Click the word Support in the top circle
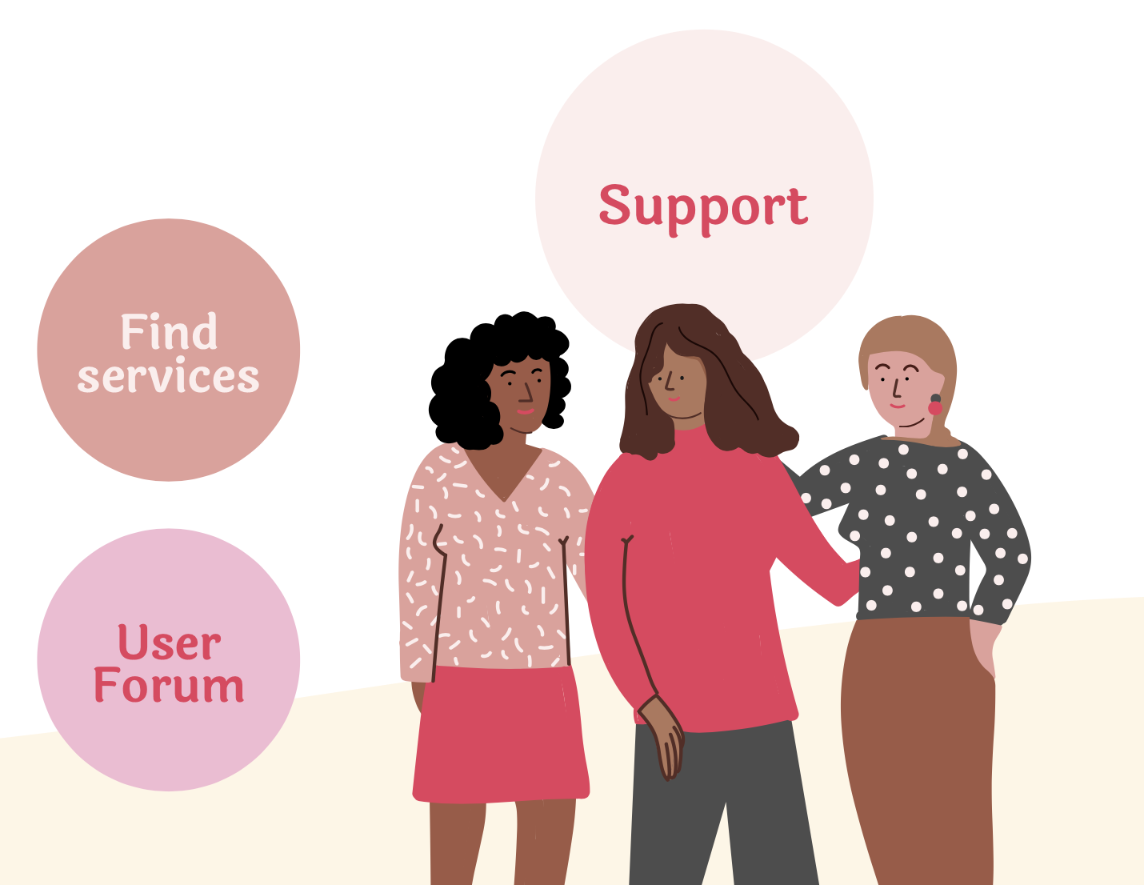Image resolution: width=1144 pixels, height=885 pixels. point(703,206)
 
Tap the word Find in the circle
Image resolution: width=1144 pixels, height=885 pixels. point(169,332)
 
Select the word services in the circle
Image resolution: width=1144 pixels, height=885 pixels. point(168,376)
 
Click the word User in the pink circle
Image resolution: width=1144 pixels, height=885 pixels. point(169,643)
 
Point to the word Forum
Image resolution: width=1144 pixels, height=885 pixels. point(169,686)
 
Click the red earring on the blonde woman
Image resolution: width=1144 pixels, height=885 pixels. point(935,408)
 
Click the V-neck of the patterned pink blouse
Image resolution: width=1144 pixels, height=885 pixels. point(503,488)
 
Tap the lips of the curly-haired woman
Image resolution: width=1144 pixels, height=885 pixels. point(525,411)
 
